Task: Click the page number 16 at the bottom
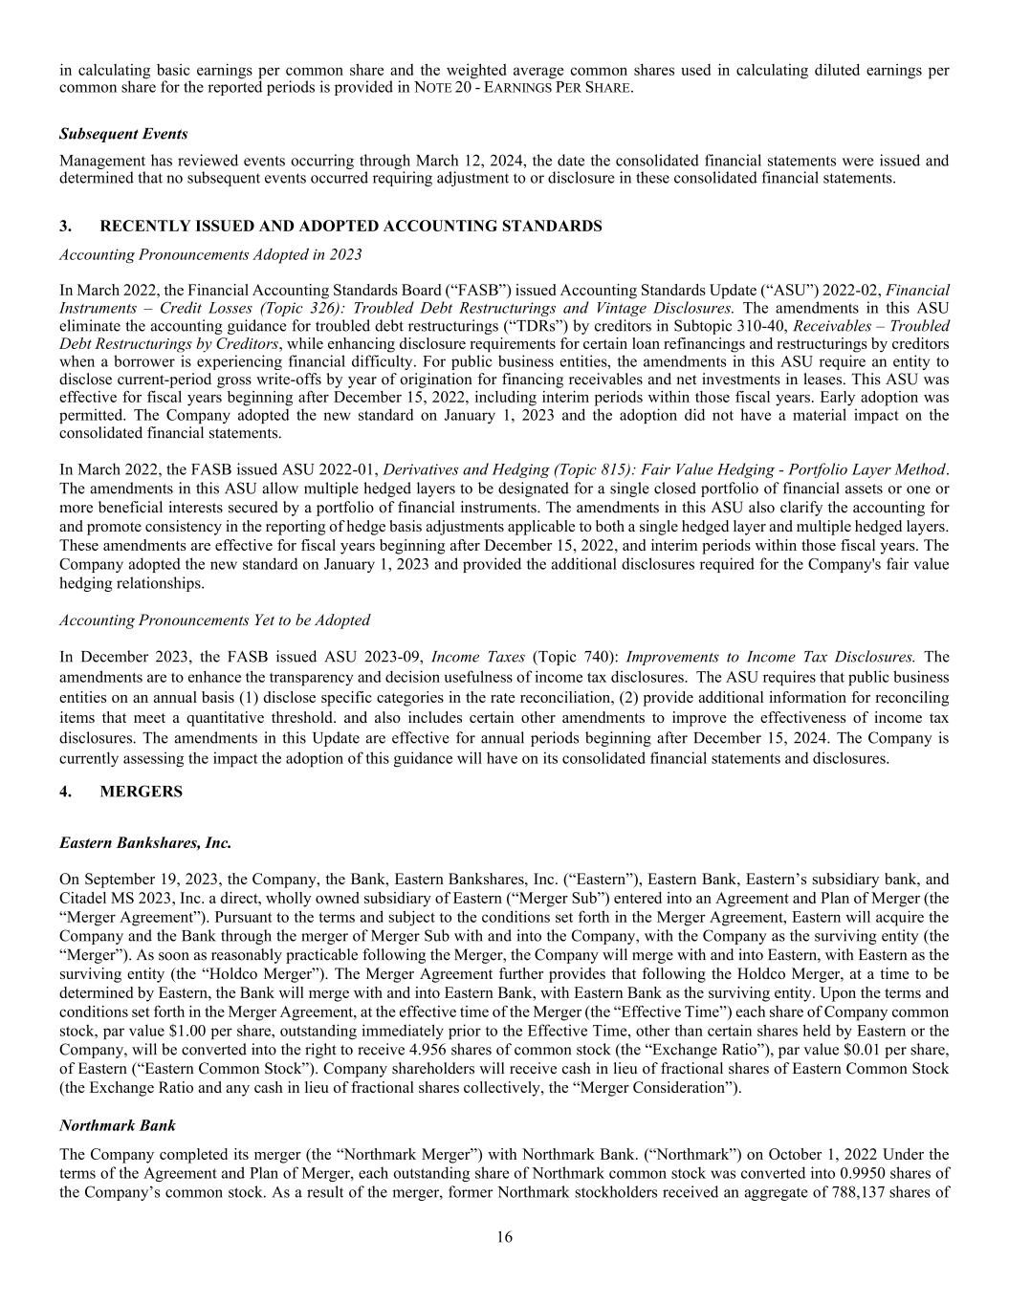point(504,1237)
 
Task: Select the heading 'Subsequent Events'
point(123,134)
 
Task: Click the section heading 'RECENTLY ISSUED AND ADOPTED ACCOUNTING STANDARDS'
point(351,227)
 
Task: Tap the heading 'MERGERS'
point(141,792)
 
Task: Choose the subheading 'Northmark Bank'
point(117,1126)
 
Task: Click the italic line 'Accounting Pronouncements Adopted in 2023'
point(210,254)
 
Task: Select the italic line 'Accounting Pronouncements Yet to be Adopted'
point(214,620)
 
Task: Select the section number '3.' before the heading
point(65,227)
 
